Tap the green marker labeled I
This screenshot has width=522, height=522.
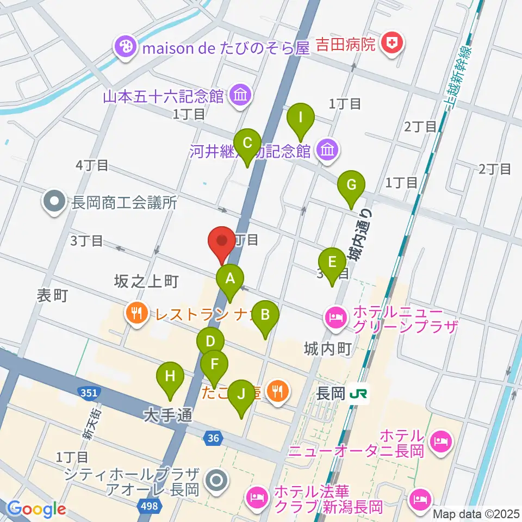300,117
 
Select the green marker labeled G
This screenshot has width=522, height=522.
351,186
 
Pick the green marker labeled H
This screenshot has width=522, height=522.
170,376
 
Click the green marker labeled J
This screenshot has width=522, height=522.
241,393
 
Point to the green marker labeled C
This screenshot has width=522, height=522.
248,144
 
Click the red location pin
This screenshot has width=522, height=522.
222,241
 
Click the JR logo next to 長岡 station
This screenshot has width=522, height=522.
359,393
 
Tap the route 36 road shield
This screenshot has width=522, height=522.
213,437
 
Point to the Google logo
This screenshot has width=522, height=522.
36,509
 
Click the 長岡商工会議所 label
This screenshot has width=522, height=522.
125,203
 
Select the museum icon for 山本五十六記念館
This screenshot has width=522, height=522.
240,96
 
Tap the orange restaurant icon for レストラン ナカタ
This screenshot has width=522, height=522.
134,313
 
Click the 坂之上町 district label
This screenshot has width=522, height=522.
146,281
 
